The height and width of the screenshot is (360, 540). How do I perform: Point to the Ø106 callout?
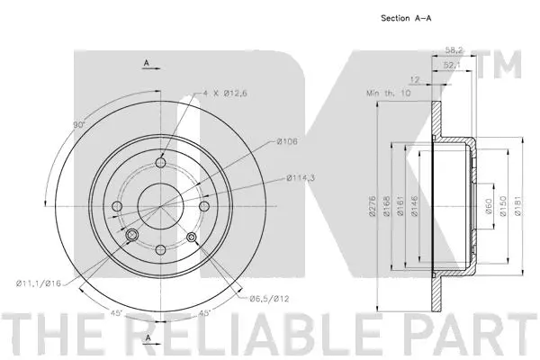[x=287, y=141]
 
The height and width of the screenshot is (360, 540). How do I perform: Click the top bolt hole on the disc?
[x=162, y=163]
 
